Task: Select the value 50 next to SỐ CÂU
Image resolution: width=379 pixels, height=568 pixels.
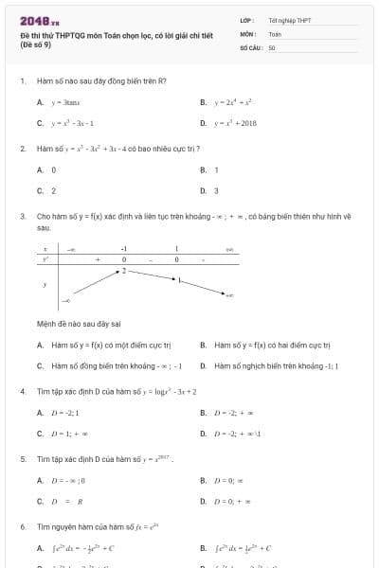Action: (x=272, y=46)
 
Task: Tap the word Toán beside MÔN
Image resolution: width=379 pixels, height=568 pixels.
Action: (x=274, y=33)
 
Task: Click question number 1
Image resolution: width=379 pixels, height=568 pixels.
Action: (x=22, y=80)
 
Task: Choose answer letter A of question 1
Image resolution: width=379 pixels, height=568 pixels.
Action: (x=40, y=102)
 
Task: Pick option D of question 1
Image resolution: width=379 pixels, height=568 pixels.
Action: (x=204, y=123)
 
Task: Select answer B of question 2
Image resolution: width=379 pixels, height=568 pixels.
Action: (x=204, y=169)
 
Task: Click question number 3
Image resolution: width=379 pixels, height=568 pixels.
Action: (x=22, y=216)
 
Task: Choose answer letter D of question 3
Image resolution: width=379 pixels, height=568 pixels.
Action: (x=204, y=364)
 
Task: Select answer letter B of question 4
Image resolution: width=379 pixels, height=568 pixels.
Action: (x=204, y=412)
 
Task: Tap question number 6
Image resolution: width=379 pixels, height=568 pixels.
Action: (x=22, y=525)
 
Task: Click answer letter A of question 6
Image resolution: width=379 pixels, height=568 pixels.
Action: (x=40, y=547)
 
